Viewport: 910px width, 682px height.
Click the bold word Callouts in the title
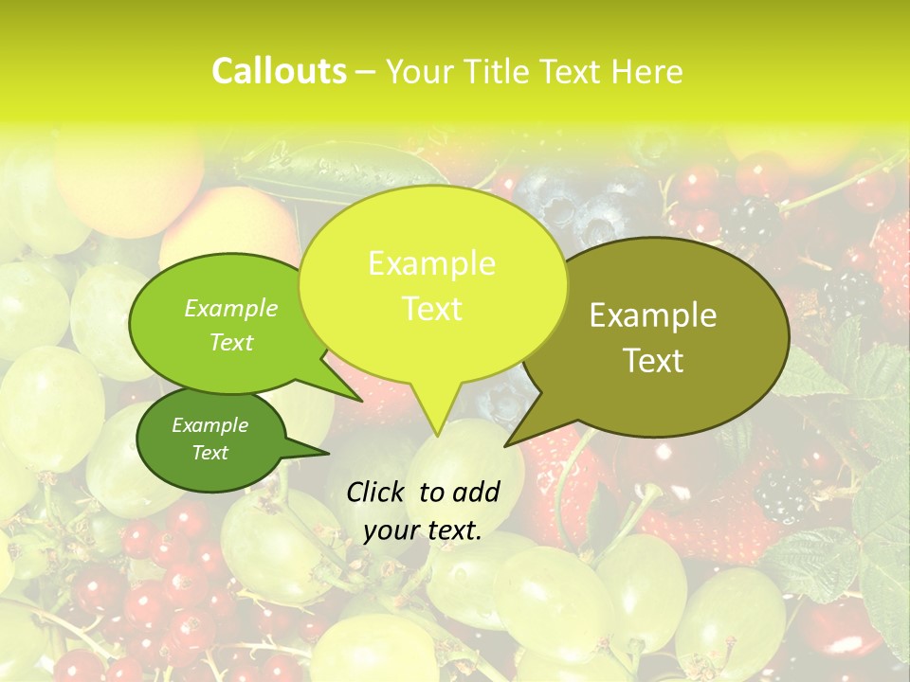(279, 71)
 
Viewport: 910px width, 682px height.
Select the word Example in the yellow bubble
(431, 263)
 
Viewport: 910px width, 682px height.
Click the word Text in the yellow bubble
(431, 308)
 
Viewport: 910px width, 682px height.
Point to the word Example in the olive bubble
(653, 315)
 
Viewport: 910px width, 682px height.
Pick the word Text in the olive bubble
(653, 360)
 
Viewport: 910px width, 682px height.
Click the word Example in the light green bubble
(231, 308)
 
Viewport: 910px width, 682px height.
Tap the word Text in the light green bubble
(231, 342)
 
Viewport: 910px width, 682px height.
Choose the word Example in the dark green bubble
(209, 425)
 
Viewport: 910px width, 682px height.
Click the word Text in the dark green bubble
(209, 453)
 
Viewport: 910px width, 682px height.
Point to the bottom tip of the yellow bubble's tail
(436, 436)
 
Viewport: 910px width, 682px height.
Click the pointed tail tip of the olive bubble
(505, 445)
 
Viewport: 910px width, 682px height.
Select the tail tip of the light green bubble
(362, 401)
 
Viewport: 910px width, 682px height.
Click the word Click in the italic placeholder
(377, 492)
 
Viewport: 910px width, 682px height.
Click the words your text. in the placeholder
(423, 530)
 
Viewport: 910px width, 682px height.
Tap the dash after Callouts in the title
(367, 73)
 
